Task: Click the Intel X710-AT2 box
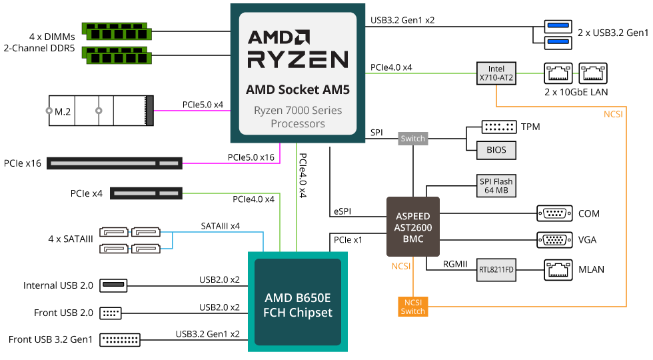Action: pyautogui.click(x=496, y=73)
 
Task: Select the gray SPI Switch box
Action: pyautogui.click(x=412, y=139)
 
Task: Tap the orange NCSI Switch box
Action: pyautogui.click(x=412, y=307)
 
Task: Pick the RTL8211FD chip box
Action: pyautogui.click(x=496, y=270)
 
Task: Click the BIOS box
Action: pyautogui.click(x=496, y=150)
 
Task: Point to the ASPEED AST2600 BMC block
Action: pyautogui.click(x=413, y=226)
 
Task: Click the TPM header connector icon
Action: pyautogui.click(x=498, y=127)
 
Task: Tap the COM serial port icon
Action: pyautogui.click(x=554, y=214)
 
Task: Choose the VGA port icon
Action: pyautogui.click(x=554, y=239)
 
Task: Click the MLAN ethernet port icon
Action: pyautogui.click(x=558, y=269)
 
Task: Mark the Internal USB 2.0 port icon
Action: pyautogui.click(x=113, y=285)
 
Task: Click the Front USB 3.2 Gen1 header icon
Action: pyautogui.click(x=120, y=339)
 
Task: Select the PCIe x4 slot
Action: pyautogui.click(x=146, y=193)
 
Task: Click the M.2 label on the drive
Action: pyautogui.click(x=63, y=111)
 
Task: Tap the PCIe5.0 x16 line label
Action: pyautogui.click(x=251, y=157)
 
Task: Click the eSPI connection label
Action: pyautogui.click(x=342, y=212)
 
